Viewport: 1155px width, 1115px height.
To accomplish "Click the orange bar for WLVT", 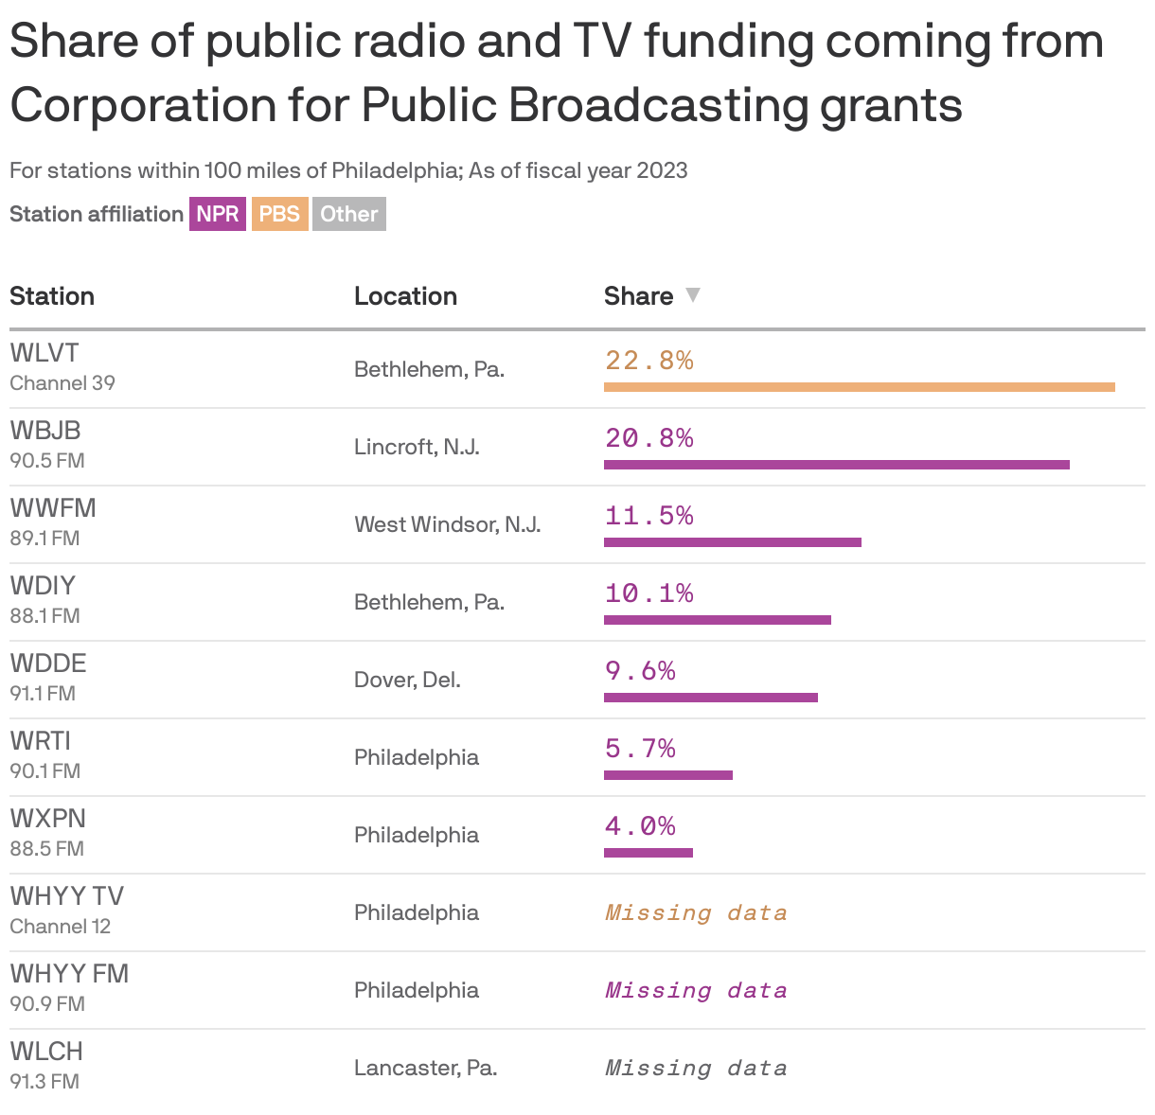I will pyautogui.click(x=859, y=387).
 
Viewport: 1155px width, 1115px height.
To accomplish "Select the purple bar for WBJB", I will pyautogui.click(x=836, y=465).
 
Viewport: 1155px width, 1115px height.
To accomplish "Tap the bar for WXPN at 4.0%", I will pyautogui.click(x=648, y=853).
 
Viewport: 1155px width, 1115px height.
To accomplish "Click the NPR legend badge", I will pyautogui.click(x=218, y=214).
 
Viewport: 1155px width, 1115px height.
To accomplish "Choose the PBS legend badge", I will pyautogui.click(x=279, y=214).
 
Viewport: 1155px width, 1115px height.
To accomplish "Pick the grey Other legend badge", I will pyautogui.click(x=348, y=214).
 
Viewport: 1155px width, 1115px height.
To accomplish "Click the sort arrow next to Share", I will pyautogui.click(x=693, y=295).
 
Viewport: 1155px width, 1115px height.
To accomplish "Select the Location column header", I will pyautogui.click(x=405, y=296).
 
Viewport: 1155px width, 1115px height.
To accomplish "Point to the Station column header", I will pyautogui.click(x=52, y=296).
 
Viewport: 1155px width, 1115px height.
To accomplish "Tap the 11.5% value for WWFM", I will pyautogui.click(x=649, y=516).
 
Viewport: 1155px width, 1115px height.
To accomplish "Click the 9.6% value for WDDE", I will pyautogui.click(x=640, y=671).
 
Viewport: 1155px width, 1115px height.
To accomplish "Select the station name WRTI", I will pyautogui.click(x=41, y=740).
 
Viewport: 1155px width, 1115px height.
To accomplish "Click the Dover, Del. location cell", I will pyautogui.click(x=407, y=680).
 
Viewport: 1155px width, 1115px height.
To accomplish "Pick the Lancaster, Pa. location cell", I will pyautogui.click(x=425, y=1068).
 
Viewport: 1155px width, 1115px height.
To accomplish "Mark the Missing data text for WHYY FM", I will pyautogui.click(x=696, y=990).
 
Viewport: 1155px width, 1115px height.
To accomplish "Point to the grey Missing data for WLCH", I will pyautogui.click(x=696, y=1068).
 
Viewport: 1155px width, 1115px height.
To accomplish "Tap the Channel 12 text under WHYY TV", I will pyautogui.click(x=61, y=927).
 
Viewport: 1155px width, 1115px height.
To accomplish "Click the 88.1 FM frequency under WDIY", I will pyautogui.click(x=44, y=616).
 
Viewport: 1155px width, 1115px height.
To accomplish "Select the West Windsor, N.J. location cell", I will pyautogui.click(x=447, y=524).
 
